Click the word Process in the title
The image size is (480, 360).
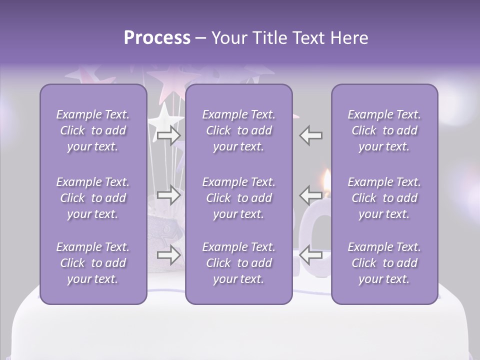pos(157,38)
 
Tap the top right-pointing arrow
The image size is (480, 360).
pos(168,135)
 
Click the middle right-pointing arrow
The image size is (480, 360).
pos(168,194)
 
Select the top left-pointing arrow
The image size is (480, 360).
pos(311,135)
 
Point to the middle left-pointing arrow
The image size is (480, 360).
pos(311,194)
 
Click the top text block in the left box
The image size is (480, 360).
pos(93,130)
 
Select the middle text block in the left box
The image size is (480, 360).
pos(93,198)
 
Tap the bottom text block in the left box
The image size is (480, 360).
pos(93,263)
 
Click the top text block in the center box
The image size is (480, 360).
pos(238,130)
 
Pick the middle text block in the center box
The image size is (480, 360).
pos(238,198)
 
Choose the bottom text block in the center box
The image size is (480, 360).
pos(238,263)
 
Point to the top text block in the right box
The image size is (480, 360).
pos(384,130)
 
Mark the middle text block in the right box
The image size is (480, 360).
pos(384,198)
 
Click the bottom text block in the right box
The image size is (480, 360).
pos(384,263)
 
